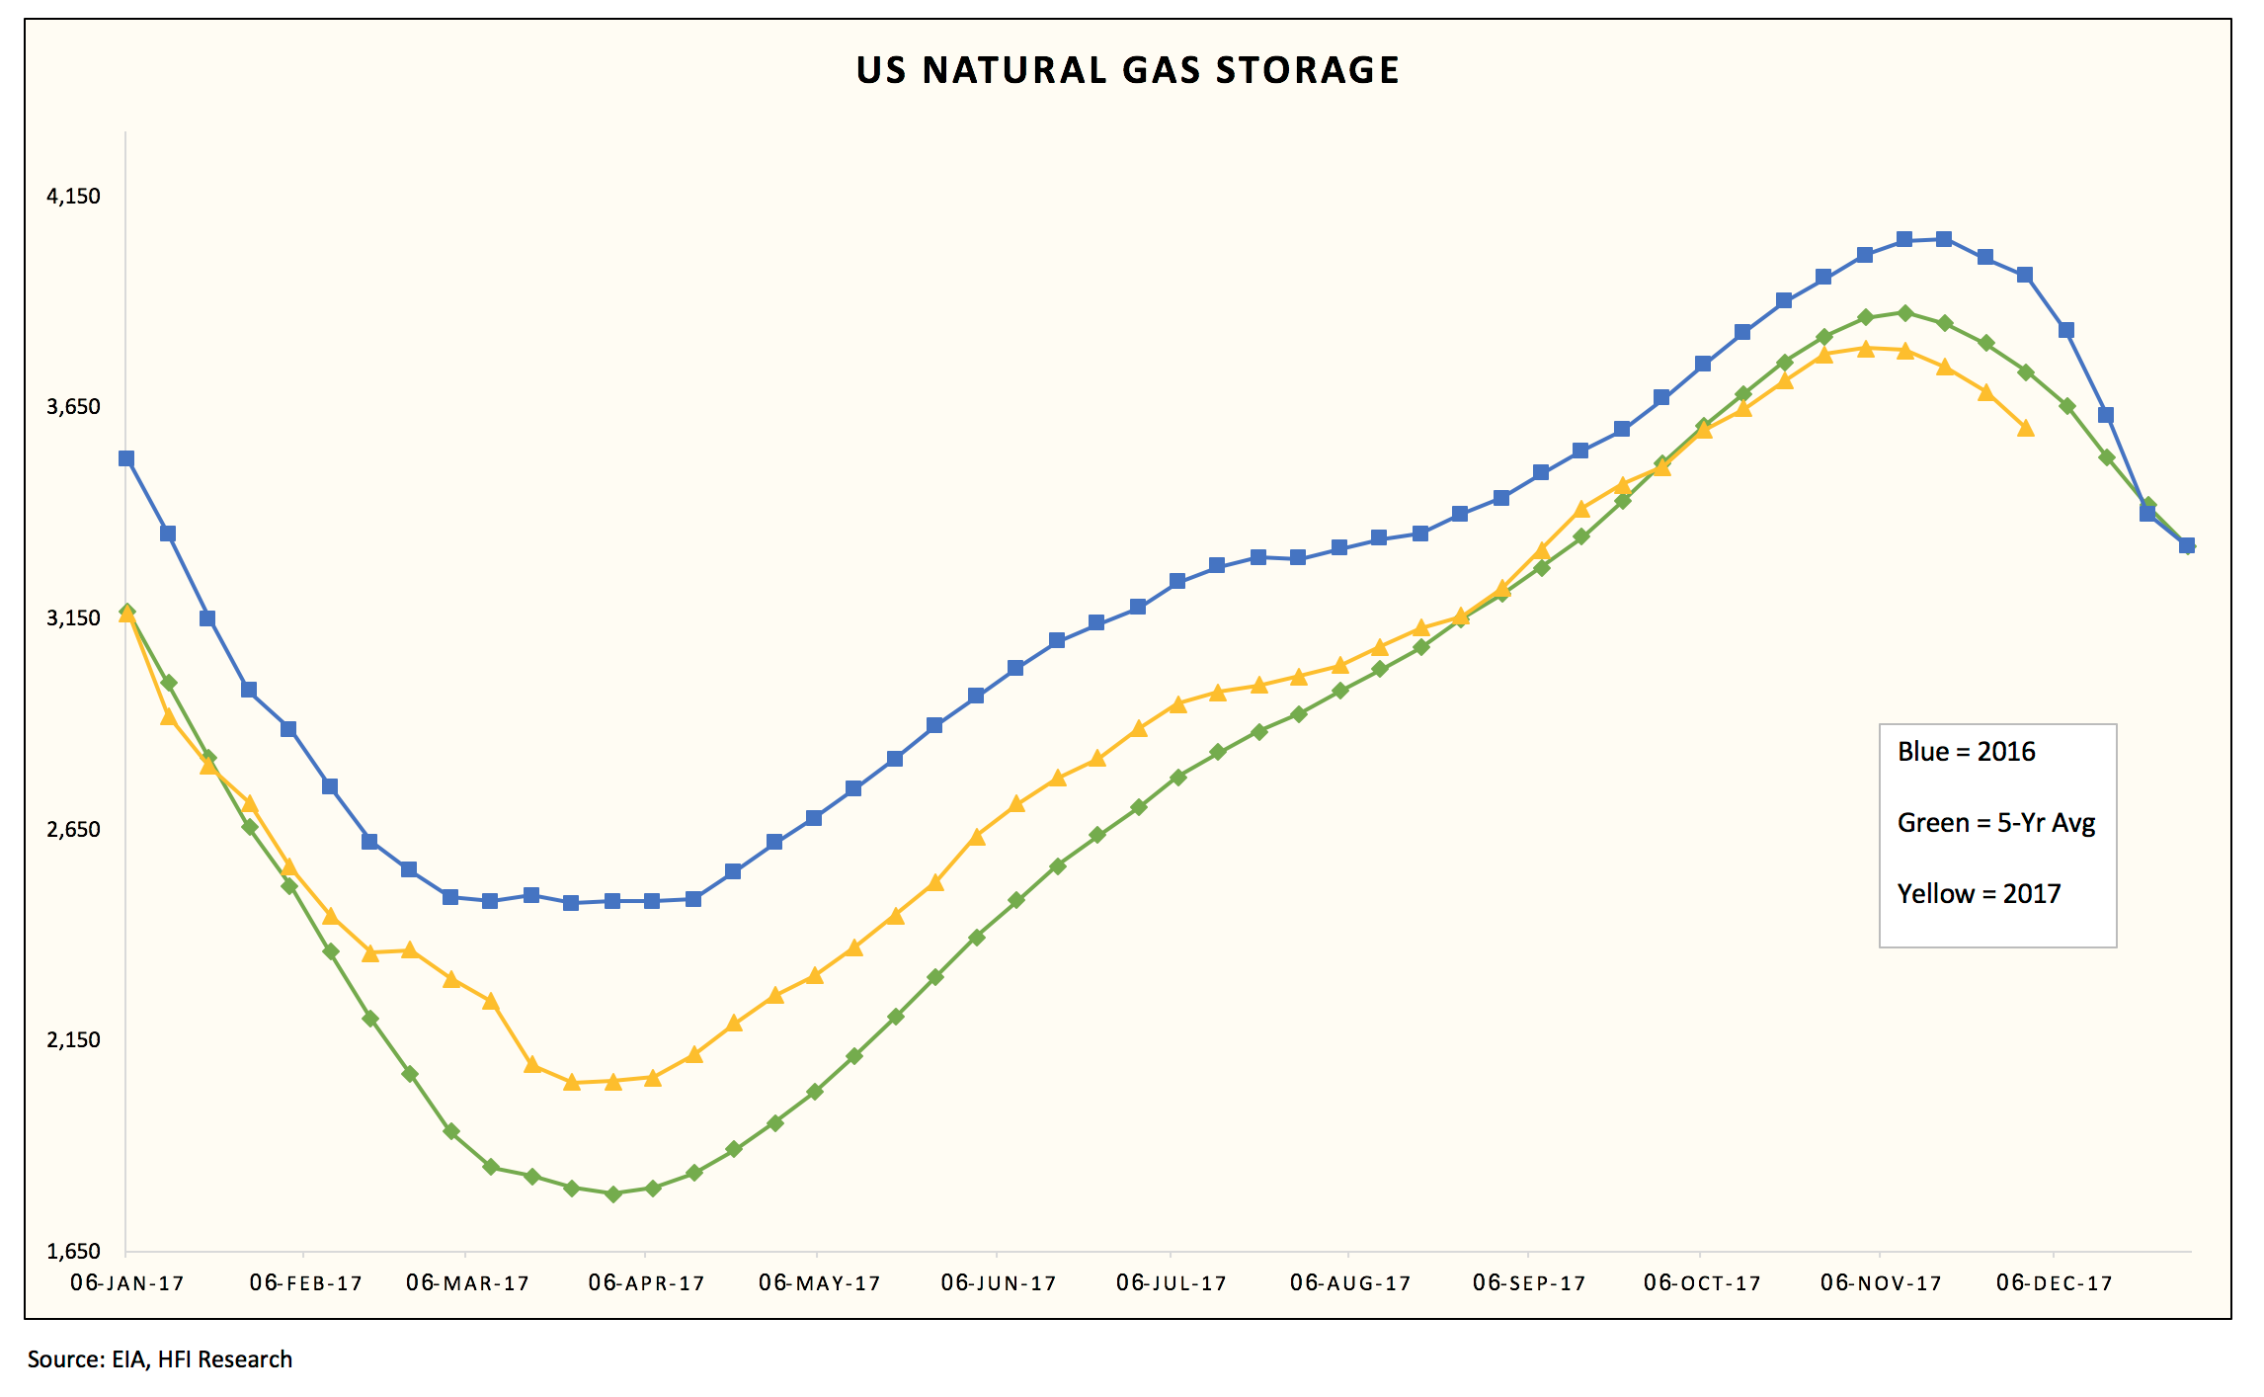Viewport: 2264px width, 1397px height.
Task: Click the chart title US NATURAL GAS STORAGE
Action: [x=1127, y=70]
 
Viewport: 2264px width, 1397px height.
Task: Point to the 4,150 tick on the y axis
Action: [x=73, y=196]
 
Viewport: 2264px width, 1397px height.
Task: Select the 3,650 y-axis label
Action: [x=73, y=406]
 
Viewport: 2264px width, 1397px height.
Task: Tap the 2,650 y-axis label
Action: [x=73, y=829]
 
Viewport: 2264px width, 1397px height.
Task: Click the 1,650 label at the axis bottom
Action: [x=73, y=1251]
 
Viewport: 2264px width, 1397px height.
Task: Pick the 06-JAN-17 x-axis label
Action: [x=127, y=1283]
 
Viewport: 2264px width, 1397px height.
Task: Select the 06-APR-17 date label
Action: [x=646, y=1283]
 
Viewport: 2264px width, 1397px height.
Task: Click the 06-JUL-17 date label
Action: [x=1172, y=1283]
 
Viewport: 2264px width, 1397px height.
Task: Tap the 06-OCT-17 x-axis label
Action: [x=1702, y=1283]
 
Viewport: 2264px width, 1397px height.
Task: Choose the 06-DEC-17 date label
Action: [x=2054, y=1283]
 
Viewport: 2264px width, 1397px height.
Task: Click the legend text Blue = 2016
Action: [x=1966, y=752]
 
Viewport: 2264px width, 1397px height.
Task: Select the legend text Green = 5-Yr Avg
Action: [x=1995, y=823]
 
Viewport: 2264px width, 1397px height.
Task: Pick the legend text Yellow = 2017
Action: [x=1979, y=894]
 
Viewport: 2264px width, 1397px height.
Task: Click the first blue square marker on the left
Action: [x=126, y=458]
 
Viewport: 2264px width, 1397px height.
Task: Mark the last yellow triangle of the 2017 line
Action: [x=2026, y=428]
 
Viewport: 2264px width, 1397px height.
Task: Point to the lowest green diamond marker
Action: [x=613, y=1193]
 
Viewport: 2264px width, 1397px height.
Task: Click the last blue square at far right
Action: [x=2187, y=545]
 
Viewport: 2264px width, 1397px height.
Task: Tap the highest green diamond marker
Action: [x=1905, y=312]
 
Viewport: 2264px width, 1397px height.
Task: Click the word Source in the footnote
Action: [x=64, y=1359]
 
